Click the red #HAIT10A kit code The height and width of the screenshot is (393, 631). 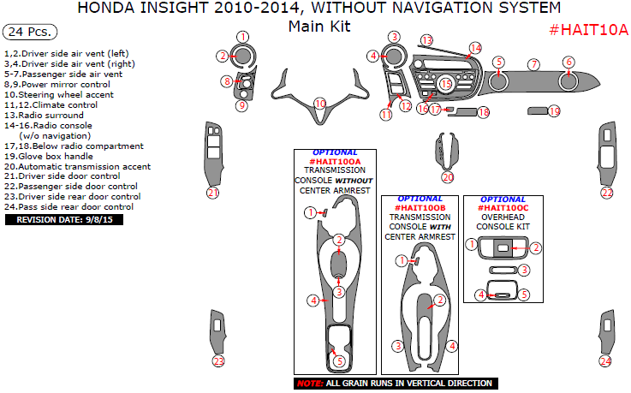pyautogui.click(x=587, y=31)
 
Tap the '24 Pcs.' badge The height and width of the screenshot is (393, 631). pyautogui.click(x=30, y=33)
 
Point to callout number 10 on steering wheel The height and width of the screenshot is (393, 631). pyautogui.click(x=319, y=104)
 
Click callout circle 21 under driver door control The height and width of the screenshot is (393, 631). pyautogui.click(x=213, y=193)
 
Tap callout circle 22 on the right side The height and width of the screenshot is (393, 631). pyautogui.click(x=607, y=193)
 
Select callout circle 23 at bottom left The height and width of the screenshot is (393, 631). pyautogui.click(x=218, y=360)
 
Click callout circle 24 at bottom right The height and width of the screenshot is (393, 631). pyautogui.click(x=606, y=360)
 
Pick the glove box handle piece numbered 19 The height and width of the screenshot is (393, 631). pyautogui.click(x=536, y=110)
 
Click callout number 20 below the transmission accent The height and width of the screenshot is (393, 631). pyautogui.click(x=448, y=177)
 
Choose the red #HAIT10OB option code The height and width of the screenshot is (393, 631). pyautogui.click(x=420, y=208)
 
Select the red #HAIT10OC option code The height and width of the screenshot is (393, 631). pyautogui.click(x=503, y=208)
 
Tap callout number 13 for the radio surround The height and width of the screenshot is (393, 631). pyautogui.click(x=426, y=40)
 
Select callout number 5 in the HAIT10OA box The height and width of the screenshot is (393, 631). pyautogui.click(x=340, y=360)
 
